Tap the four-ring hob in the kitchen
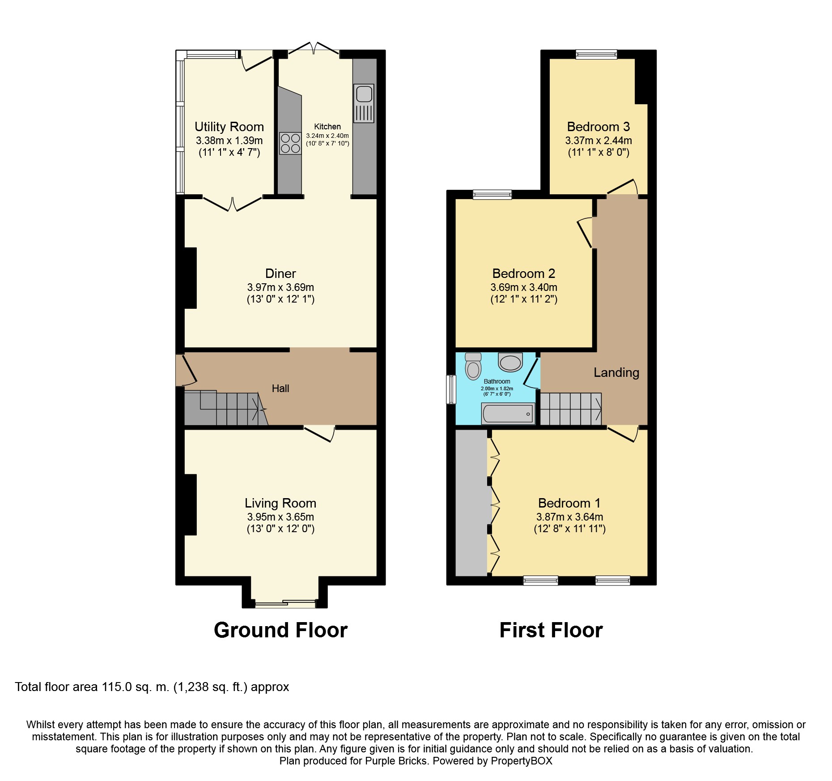pos(290,143)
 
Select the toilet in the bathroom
pos(473,367)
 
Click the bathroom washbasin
pos(510,362)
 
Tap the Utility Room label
pos(229,127)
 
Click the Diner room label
pos(280,273)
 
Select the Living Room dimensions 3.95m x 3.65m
pos(280,516)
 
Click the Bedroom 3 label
pos(598,127)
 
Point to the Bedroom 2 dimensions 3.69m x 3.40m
pos(524,287)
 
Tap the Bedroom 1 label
pos(569,503)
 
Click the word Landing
pos(616,372)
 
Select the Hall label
pos(280,388)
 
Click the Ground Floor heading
pos(280,630)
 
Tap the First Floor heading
pos(551,630)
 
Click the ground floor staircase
pos(226,408)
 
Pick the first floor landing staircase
pos(571,409)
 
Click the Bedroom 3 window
pos(596,55)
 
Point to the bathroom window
pos(451,389)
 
